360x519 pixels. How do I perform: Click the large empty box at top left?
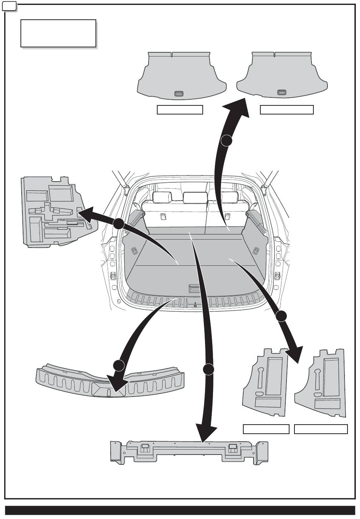click(58, 34)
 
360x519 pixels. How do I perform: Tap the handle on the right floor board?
click(281, 93)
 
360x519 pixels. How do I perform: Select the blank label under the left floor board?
click(180, 110)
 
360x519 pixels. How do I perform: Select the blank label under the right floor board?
click(286, 110)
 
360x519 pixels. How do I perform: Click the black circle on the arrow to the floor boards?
click(227, 141)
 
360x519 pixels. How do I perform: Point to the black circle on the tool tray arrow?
click(118, 224)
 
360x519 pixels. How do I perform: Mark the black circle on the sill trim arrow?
click(119, 365)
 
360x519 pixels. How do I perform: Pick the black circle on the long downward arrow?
click(208, 369)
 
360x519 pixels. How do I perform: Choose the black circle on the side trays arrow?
click(281, 316)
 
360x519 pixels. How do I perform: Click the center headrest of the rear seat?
click(195, 198)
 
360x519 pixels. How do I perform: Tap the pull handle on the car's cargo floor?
click(195, 289)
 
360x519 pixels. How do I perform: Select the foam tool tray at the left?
click(57, 212)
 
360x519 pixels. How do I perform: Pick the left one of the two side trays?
click(265, 383)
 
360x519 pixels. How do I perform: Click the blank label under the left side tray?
click(266, 429)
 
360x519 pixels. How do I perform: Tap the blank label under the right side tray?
click(321, 429)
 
